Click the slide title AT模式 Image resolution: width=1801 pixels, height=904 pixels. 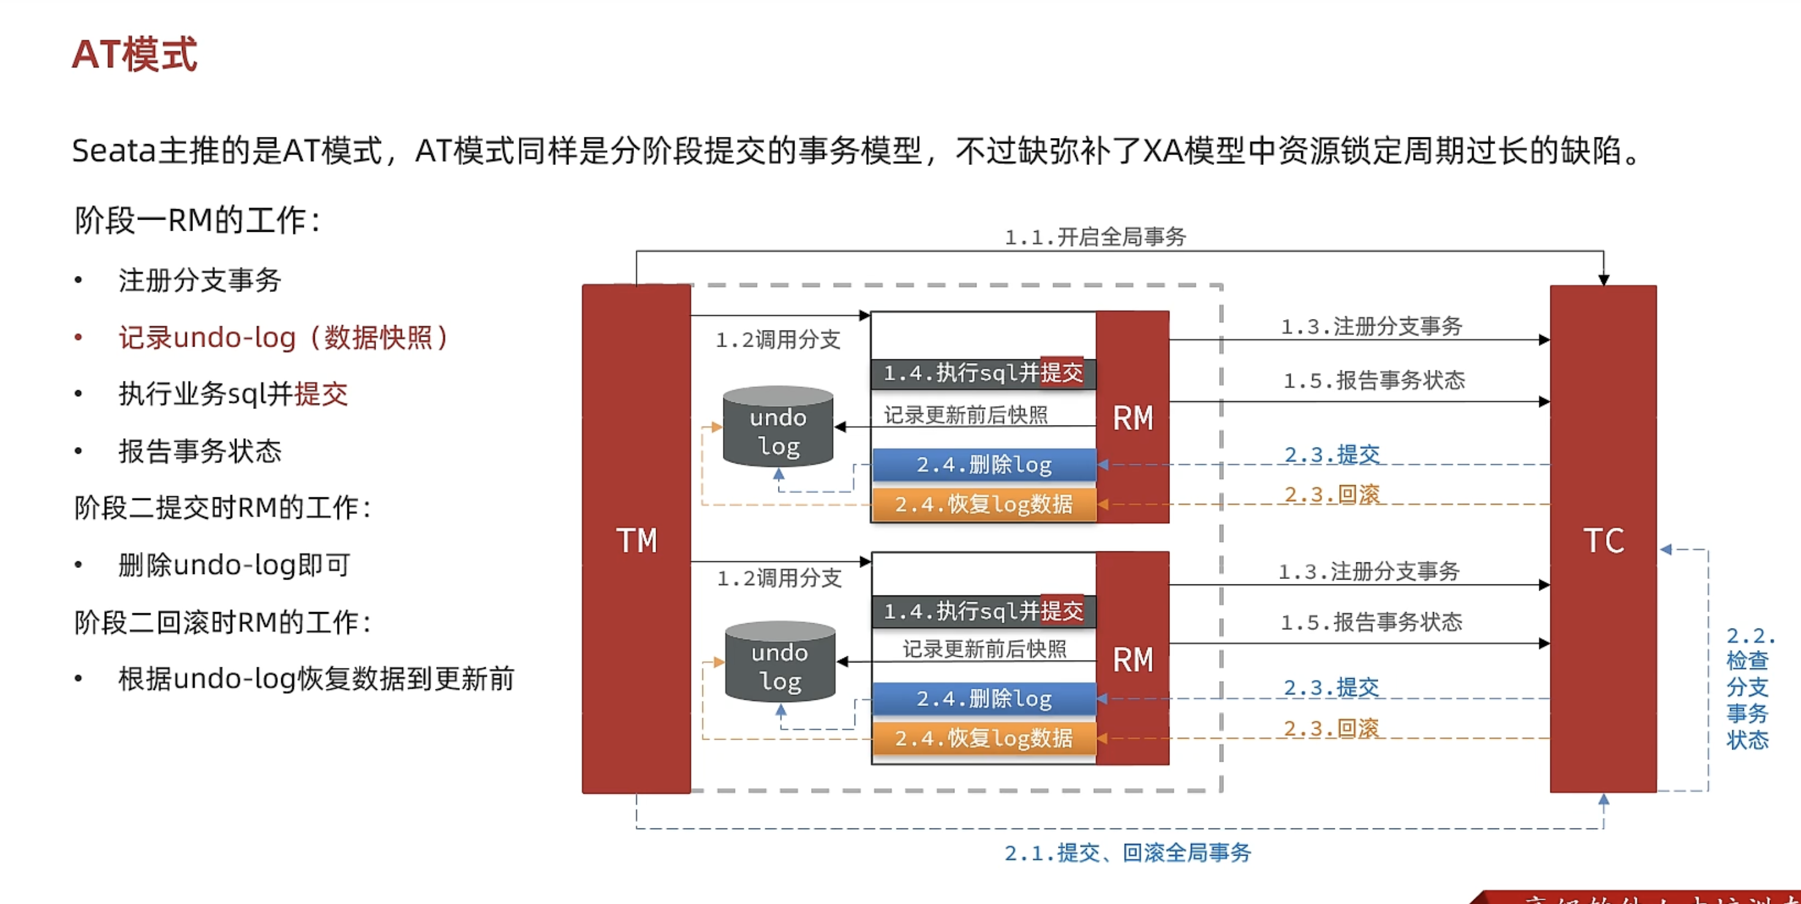(x=134, y=55)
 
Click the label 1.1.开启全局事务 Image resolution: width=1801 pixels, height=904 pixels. (x=1095, y=237)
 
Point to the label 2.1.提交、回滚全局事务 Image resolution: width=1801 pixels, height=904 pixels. (x=1127, y=852)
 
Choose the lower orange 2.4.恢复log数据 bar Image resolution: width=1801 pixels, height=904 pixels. (x=984, y=737)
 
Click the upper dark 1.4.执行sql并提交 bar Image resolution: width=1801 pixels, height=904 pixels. (x=983, y=373)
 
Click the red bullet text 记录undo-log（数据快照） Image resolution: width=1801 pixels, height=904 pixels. (x=283, y=337)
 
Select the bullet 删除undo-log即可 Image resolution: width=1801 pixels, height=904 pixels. (x=234, y=565)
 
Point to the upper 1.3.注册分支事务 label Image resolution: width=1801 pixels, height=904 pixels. (x=1371, y=326)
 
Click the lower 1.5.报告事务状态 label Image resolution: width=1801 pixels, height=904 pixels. (x=1371, y=621)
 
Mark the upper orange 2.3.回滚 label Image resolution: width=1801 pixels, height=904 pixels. (x=1332, y=494)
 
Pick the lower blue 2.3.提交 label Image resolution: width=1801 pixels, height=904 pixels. (x=1331, y=687)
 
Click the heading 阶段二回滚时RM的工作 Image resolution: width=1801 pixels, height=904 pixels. (x=222, y=622)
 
